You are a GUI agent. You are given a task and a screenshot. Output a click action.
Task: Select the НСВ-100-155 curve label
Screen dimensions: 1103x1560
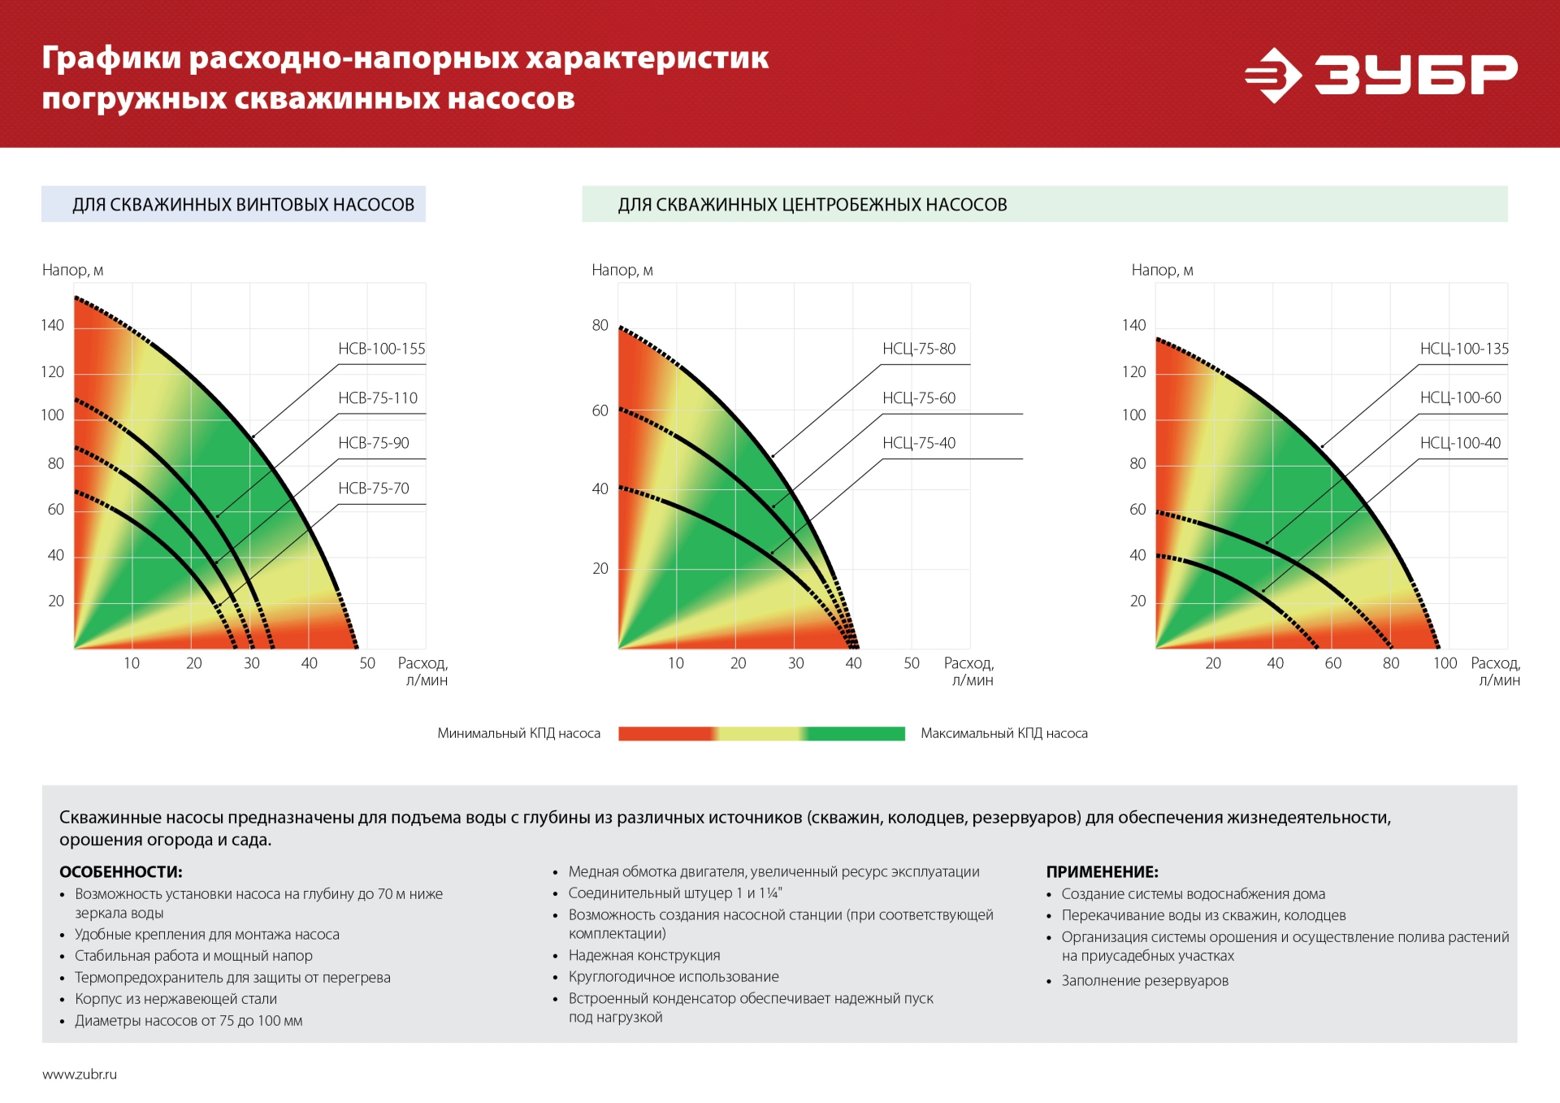[381, 349]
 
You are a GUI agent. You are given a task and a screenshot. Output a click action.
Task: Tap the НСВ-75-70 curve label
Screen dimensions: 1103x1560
[373, 489]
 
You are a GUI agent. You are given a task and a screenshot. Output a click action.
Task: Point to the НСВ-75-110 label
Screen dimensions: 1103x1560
[377, 398]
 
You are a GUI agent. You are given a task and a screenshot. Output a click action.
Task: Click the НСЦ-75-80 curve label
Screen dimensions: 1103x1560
[918, 349]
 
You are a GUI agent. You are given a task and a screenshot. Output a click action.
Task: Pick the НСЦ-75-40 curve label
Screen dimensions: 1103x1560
[918, 443]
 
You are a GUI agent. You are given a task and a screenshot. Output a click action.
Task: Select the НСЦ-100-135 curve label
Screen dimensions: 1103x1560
[1463, 349]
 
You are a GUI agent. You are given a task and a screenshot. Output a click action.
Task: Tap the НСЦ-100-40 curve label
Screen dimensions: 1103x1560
[1460, 443]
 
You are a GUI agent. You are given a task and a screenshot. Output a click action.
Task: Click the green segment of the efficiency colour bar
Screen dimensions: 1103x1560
[857, 734]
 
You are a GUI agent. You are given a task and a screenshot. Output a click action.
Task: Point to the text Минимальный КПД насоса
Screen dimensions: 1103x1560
[518, 733]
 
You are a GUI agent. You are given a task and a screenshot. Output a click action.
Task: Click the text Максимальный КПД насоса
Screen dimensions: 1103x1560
[1003, 733]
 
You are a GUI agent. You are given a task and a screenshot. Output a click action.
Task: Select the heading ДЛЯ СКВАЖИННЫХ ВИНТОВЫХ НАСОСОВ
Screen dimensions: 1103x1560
[243, 205]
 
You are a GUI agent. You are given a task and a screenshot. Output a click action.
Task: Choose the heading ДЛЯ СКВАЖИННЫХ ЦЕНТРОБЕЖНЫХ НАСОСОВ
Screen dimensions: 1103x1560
[812, 205]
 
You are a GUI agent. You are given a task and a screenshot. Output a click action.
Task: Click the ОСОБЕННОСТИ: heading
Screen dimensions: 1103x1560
[120, 872]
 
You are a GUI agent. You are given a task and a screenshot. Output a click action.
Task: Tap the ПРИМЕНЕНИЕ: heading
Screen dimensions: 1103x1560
[1101, 872]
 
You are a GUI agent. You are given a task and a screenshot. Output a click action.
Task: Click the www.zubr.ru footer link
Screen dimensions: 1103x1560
[80, 1075]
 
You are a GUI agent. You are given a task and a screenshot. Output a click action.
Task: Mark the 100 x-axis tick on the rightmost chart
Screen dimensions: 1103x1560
[1444, 663]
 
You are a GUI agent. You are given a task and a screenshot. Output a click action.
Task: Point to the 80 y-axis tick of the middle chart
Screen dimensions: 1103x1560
[600, 325]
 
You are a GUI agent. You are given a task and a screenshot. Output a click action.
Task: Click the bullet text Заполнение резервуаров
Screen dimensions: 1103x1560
[1144, 981]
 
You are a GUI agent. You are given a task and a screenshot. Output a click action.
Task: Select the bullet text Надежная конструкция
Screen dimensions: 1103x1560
[643, 956]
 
